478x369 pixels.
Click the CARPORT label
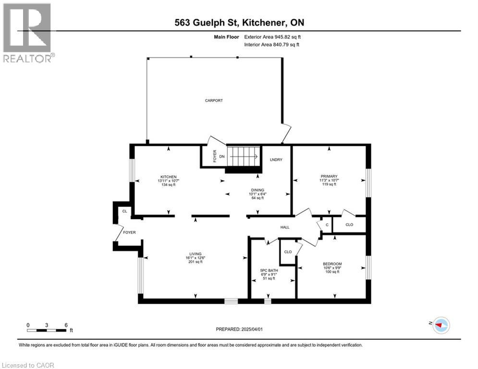pyautogui.click(x=214, y=100)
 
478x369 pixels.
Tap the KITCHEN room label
pyautogui.click(x=169, y=176)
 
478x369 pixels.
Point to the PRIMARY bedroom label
pyautogui.click(x=329, y=176)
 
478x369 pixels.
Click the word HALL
pyautogui.click(x=285, y=227)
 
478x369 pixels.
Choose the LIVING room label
pyautogui.click(x=195, y=254)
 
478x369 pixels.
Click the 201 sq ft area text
pyautogui.click(x=195, y=262)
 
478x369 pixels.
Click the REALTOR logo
pyautogui.click(x=28, y=33)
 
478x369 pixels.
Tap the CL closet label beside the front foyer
pyautogui.click(x=124, y=211)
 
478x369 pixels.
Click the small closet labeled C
pyautogui.click(x=327, y=224)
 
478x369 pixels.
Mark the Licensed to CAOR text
pyautogui.click(x=28, y=365)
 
